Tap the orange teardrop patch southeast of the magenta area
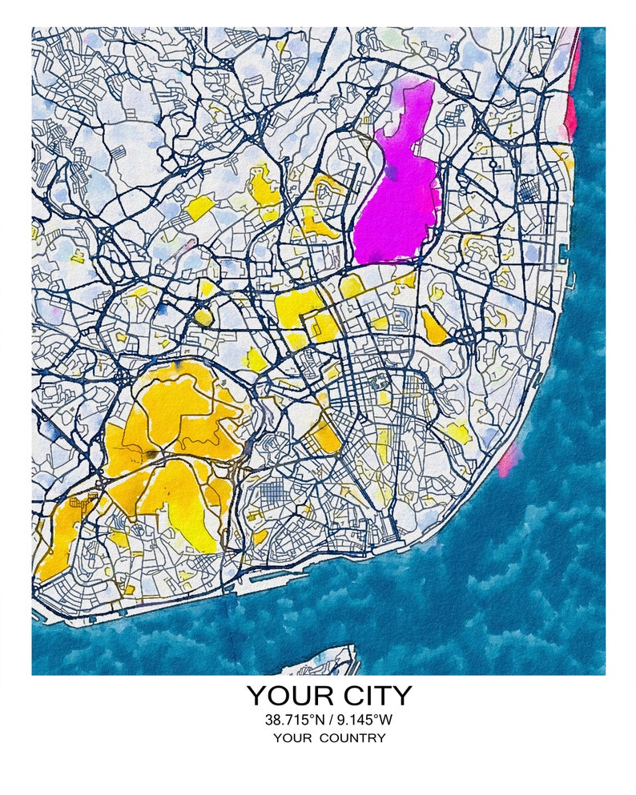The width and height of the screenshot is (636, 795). point(434,327)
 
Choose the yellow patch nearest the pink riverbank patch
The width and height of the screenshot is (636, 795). point(457,432)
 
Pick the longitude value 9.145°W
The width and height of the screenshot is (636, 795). point(364,720)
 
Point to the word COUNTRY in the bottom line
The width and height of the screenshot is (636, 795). point(352,738)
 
